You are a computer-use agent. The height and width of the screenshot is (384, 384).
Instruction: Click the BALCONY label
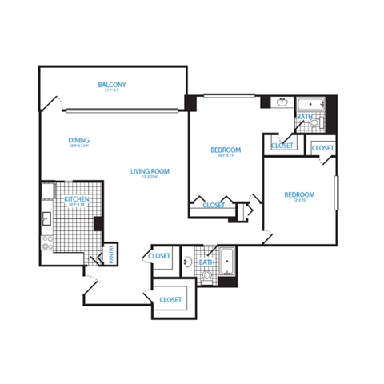click(112, 84)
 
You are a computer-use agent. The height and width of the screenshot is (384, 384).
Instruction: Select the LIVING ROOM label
click(150, 170)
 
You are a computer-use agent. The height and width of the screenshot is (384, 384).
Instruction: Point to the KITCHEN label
click(77, 198)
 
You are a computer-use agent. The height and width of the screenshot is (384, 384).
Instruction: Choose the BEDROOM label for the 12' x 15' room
click(298, 194)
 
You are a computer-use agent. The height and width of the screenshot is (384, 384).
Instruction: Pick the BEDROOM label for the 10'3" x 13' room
click(226, 150)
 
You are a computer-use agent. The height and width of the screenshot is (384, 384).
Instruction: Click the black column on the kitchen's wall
click(98, 223)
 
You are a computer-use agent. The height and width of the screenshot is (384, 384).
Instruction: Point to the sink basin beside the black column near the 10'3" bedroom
click(282, 102)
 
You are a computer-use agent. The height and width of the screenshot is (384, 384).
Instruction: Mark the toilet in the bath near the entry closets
click(207, 276)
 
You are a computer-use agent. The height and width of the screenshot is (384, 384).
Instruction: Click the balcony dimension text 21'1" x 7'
click(112, 90)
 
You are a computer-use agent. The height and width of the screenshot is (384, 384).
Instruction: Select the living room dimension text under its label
click(150, 178)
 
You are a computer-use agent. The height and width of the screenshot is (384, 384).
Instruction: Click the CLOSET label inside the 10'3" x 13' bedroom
click(214, 206)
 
